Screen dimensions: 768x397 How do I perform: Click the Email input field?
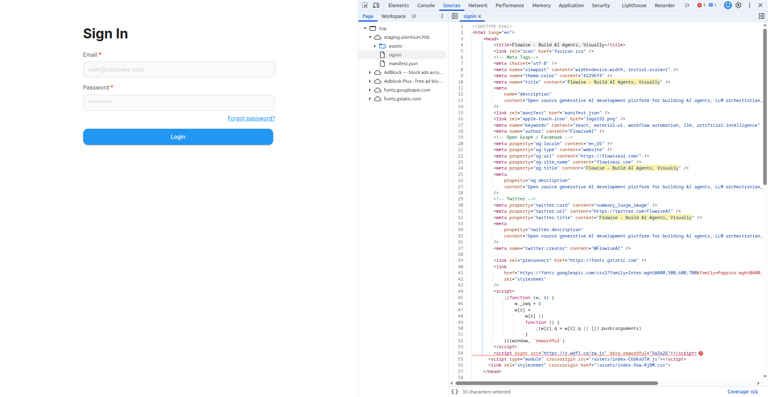point(179,70)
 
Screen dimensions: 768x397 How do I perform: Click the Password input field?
point(179,103)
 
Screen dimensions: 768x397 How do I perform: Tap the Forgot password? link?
point(251,118)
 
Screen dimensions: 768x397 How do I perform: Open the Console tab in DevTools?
point(426,6)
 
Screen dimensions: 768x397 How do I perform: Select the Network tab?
point(478,6)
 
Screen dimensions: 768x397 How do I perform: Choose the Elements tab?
point(398,6)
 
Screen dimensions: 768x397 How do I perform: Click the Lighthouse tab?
point(634,6)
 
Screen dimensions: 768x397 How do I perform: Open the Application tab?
point(571,6)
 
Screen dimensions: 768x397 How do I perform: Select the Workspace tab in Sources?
point(393,16)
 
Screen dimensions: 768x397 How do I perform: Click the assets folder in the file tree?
point(395,46)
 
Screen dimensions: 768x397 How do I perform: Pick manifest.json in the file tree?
point(403,64)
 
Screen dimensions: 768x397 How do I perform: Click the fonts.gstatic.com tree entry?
point(402,99)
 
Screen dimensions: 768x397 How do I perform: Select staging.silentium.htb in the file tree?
point(406,37)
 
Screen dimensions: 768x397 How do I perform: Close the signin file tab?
point(480,16)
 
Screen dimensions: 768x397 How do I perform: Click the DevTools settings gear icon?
point(738,6)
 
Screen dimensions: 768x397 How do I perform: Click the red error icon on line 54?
point(701,353)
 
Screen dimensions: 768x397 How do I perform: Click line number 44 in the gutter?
point(460,291)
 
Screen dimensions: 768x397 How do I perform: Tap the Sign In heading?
point(106,34)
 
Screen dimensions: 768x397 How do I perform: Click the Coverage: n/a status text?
point(742,392)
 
